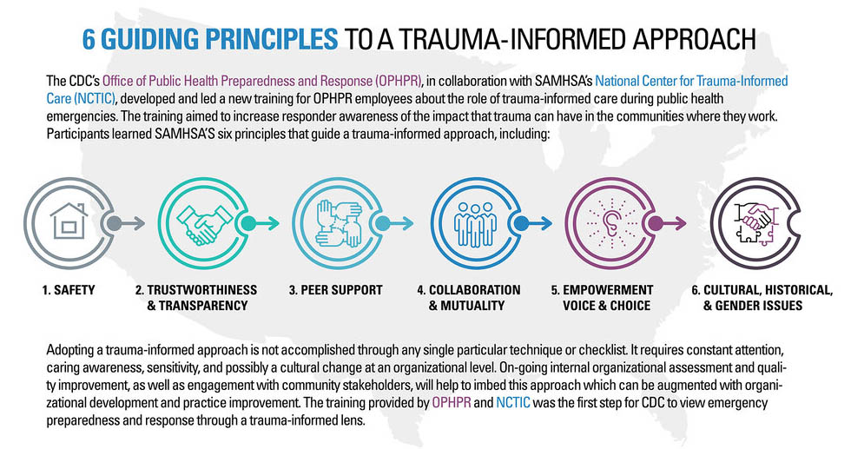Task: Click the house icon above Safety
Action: click(x=69, y=221)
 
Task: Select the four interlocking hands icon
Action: click(x=339, y=223)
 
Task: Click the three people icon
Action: click(x=476, y=224)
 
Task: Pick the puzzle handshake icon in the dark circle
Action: click(x=754, y=223)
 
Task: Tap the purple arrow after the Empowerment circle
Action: click(x=667, y=223)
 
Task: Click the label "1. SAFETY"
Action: click(x=69, y=290)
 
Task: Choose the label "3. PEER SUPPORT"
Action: click(x=335, y=290)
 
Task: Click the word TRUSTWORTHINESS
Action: click(x=201, y=290)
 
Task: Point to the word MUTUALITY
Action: click(x=472, y=306)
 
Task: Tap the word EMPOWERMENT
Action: click(x=608, y=290)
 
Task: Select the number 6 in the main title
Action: click(x=89, y=39)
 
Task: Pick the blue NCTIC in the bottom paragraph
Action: click(x=513, y=403)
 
